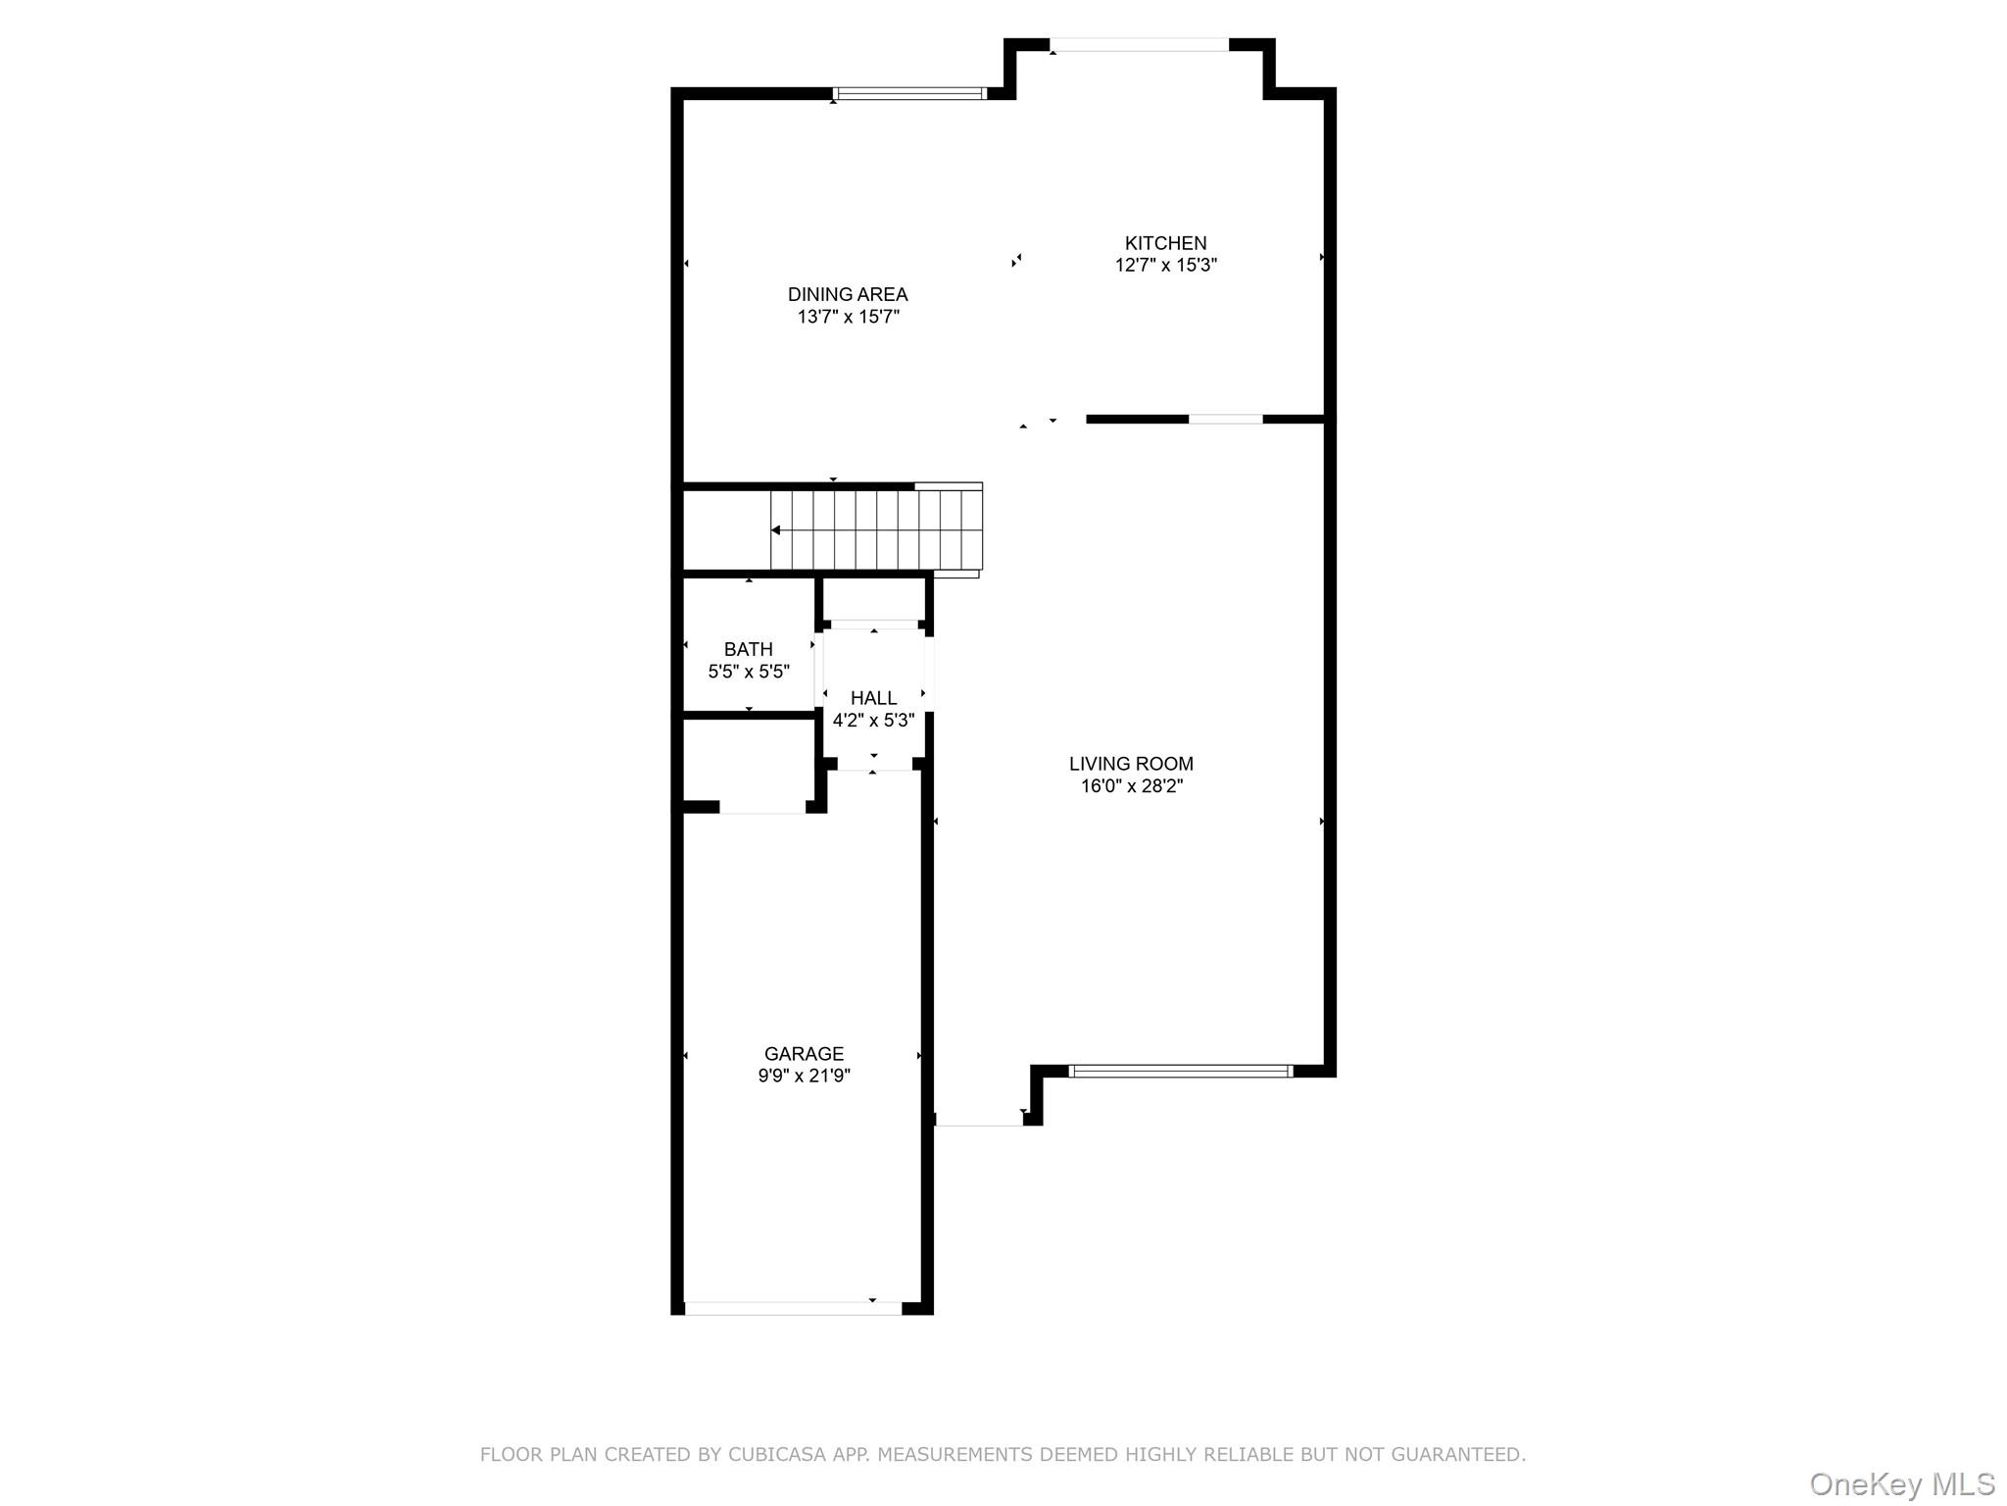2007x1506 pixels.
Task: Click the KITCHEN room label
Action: click(1165, 243)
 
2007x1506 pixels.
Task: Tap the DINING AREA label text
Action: click(848, 294)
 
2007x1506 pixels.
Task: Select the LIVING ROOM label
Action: click(1131, 764)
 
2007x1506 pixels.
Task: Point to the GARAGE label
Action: click(804, 1054)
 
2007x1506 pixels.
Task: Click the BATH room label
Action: click(749, 649)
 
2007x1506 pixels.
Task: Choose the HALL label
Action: click(873, 698)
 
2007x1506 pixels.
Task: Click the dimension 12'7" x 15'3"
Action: click(1165, 265)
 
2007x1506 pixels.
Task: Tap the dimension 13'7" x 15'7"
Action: click(848, 317)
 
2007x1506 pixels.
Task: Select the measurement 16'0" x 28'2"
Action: click(1131, 785)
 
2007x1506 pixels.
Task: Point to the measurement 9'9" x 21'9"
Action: click(804, 1076)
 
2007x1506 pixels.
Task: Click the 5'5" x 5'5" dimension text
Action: click(749, 672)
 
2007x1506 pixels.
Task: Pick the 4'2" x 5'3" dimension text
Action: click(873, 720)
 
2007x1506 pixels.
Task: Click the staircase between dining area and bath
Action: click(876, 529)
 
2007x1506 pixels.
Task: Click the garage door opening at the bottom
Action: click(793, 1308)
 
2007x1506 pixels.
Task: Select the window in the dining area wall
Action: click(909, 94)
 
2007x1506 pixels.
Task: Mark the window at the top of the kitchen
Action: click(1140, 44)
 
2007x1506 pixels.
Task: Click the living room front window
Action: click(1181, 1072)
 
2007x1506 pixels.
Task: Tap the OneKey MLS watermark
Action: click(1902, 1483)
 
